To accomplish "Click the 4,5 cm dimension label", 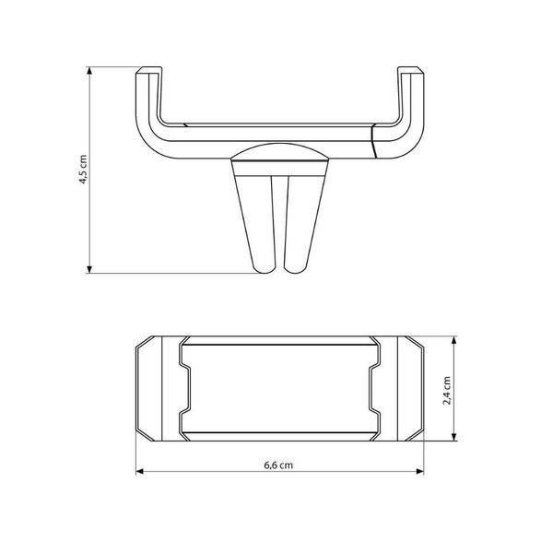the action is [x=83, y=170].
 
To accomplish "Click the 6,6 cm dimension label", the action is [x=278, y=465].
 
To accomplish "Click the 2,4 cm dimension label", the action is [x=447, y=391].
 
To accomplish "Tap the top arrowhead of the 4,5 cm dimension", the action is [x=89, y=71].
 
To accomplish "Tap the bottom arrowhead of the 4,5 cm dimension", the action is [x=89, y=269].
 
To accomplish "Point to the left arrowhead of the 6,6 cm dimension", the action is [x=140, y=472].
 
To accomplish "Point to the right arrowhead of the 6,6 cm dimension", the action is [x=419, y=472].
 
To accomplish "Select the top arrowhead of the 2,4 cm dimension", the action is [x=454, y=340].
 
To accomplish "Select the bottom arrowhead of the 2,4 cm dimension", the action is [x=454, y=437].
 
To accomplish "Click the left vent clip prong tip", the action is [x=265, y=271].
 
